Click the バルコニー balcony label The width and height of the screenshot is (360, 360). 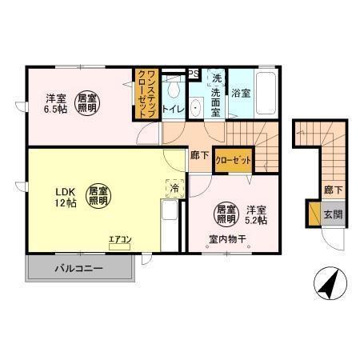pyautogui.click(x=79, y=268)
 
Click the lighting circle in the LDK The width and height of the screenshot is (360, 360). pyautogui.click(x=98, y=197)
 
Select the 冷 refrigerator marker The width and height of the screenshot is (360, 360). pyautogui.click(x=175, y=189)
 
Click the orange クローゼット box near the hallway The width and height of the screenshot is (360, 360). pyautogui.click(x=234, y=160)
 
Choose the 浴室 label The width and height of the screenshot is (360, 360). pyautogui.click(x=241, y=93)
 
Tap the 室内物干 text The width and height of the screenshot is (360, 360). pyautogui.click(x=226, y=238)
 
